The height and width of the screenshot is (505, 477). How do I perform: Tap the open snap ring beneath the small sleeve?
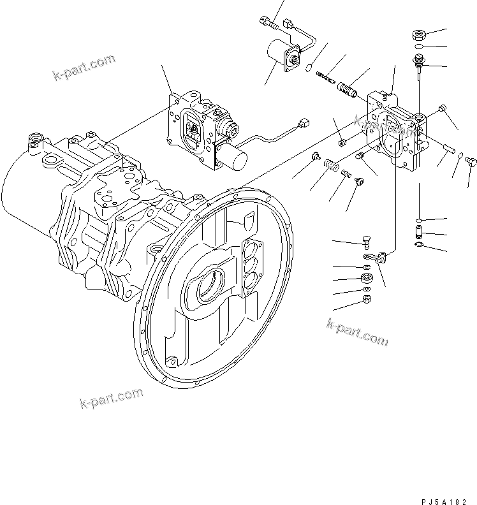click(x=418, y=242)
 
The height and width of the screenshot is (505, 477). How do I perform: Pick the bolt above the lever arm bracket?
click(x=366, y=242)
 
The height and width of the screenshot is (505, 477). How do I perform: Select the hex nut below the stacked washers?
click(x=367, y=298)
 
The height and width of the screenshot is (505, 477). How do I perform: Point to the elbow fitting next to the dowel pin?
click(x=470, y=161)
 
